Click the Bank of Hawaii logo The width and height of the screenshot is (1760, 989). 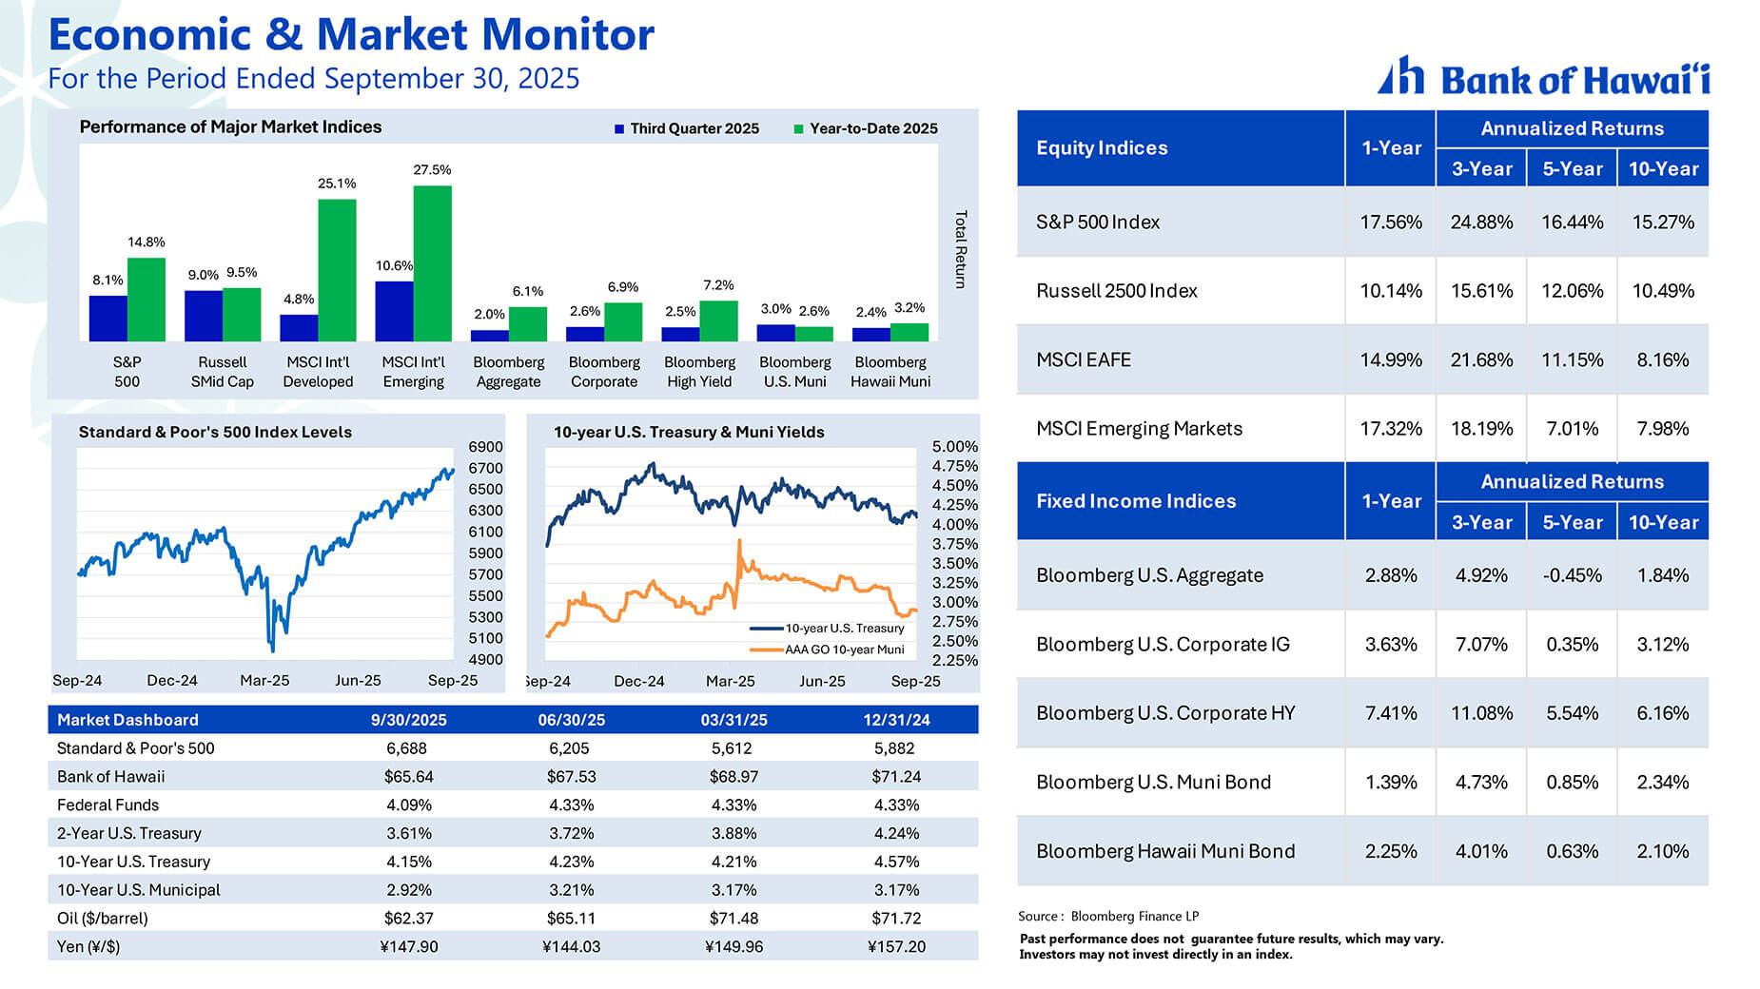[x=1543, y=77]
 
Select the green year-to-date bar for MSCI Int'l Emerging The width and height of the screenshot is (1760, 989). [x=432, y=262]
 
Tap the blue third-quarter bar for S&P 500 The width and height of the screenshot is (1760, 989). [x=108, y=318]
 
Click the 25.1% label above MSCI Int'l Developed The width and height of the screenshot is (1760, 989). [x=337, y=184]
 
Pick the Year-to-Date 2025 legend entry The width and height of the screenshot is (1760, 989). [x=865, y=128]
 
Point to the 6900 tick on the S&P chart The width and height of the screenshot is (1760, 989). [x=485, y=447]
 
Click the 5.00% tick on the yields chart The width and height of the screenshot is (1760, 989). [x=954, y=447]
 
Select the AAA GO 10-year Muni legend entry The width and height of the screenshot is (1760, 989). [x=843, y=650]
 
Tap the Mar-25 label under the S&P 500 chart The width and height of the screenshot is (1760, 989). [x=264, y=681]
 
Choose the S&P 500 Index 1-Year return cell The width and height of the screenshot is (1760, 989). [x=1390, y=223]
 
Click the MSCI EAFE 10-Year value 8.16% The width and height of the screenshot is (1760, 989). [x=1662, y=360]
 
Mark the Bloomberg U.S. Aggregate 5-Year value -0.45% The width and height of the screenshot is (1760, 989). [x=1572, y=575]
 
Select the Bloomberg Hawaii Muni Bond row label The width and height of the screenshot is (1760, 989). [x=1164, y=851]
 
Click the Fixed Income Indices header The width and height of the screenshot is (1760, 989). [x=1136, y=501]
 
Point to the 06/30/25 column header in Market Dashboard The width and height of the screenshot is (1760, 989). [x=571, y=720]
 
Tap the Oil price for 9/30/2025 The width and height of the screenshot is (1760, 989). [x=408, y=919]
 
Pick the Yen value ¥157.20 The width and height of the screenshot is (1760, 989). [x=895, y=947]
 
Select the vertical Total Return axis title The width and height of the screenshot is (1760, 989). [x=961, y=249]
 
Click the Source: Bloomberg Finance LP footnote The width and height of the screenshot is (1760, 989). [x=1107, y=917]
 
